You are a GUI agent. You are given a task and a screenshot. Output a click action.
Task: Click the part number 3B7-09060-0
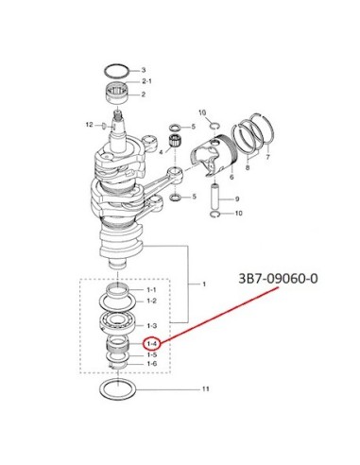pos(278,279)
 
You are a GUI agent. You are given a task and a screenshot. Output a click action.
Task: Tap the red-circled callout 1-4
pos(152,344)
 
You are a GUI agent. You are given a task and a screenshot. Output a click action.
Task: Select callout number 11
pos(205,389)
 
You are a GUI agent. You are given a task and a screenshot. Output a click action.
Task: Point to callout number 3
pos(144,70)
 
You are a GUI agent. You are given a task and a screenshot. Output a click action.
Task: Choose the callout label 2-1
pos(146,81)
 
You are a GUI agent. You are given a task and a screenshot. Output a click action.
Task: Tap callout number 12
pos(90,125)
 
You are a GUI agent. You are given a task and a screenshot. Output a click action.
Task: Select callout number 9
pos(237,198)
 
